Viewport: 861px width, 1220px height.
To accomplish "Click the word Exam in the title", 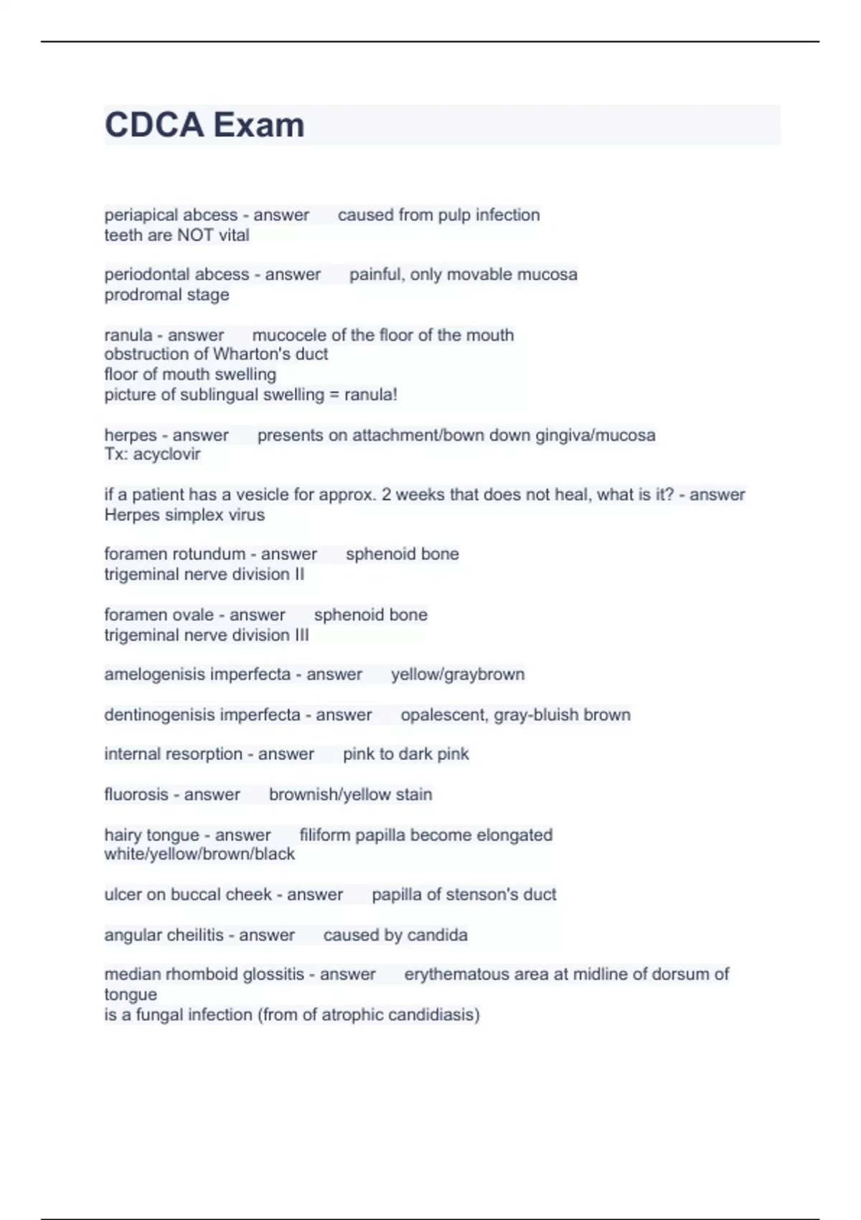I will pyautogui.click(x=258, y=125).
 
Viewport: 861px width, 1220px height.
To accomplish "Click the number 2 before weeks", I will pyautogui.click(x=386, y=494).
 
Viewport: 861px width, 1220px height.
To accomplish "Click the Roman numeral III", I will pyautogui.click(x=301, y=635).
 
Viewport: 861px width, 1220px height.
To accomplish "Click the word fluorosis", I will pyautogui.click(x=136, y=794).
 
